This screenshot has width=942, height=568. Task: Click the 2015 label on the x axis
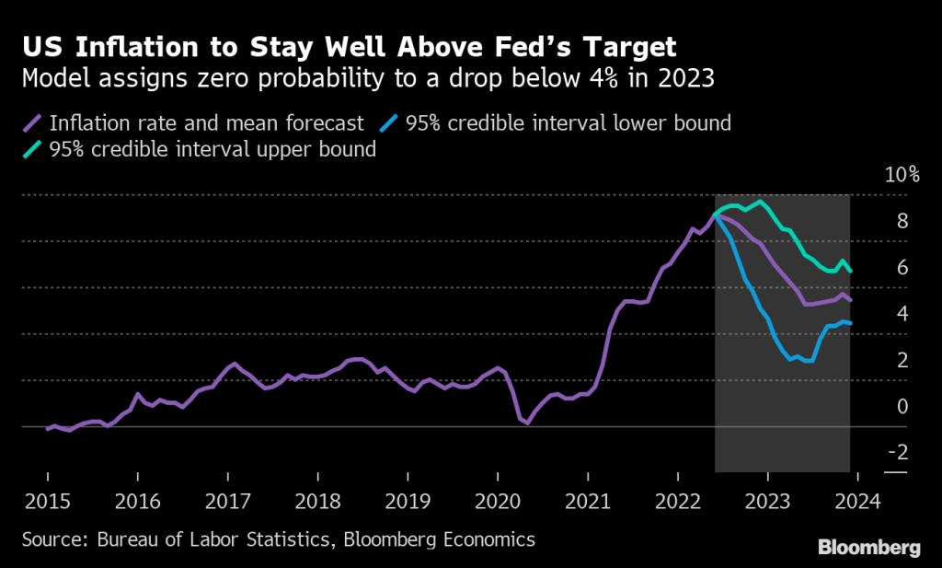[x=47, y=502]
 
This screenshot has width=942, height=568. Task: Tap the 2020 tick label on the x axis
[x=498, y=502]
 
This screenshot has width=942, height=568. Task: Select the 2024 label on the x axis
[x=857, y=502]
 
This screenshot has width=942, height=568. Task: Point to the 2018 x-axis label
[x=317, y=502]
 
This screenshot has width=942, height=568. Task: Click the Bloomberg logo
[x=868, y=548]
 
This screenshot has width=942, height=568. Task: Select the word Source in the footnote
[x=52, y=539]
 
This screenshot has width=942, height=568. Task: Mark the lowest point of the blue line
[x=810, y=361]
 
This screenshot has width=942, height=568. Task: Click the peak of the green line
[x=760, y=201]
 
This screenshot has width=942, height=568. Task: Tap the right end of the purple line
[x=850, y=300]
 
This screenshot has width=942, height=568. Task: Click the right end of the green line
[x=850, y=272]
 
